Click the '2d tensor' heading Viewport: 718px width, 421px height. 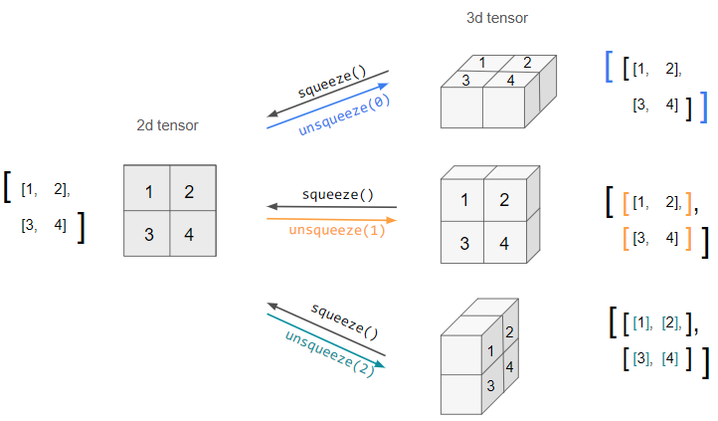pos(168,125)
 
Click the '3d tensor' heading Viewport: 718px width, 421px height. pos(497,18)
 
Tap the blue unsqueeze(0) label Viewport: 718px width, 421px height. pos(344,114)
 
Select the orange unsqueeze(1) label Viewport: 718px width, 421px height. pos(337,230)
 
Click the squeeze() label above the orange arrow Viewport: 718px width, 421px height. pos(338,195)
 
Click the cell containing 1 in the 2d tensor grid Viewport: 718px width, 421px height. pos(147,188)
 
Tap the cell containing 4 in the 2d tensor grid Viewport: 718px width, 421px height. pos(193,233)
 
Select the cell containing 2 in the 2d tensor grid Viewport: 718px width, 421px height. pos(193,188)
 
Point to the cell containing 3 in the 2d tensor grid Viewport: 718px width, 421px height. pos(147,233)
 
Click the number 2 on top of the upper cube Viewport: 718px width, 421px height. pos(527,63)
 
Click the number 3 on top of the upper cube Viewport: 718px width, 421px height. pos(465,81)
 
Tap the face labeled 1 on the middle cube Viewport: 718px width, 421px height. pos(462,200)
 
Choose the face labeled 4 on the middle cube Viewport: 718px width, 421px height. pos(505,243)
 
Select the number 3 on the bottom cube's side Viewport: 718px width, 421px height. pos(490,386)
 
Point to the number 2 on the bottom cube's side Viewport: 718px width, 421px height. pos(509,331)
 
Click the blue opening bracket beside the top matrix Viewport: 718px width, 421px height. pos(609,67)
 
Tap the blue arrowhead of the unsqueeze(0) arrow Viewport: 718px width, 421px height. pos(383,86)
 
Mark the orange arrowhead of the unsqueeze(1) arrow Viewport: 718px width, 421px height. pos(392,220)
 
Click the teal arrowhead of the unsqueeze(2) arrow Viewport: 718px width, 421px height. pos(380,364)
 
